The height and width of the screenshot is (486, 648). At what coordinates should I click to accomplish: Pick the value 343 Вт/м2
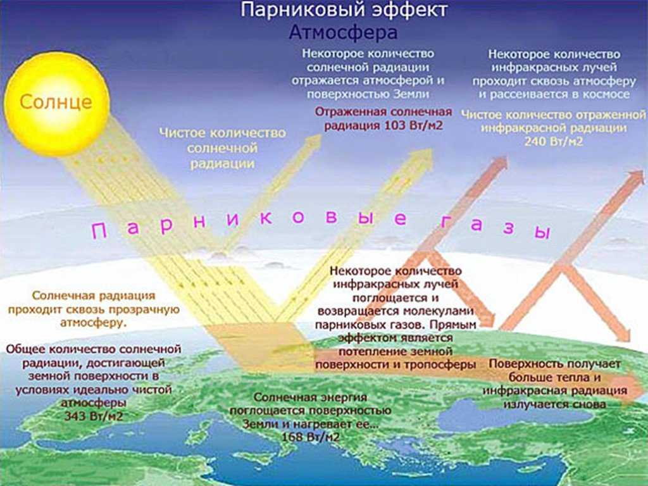coord(94,415)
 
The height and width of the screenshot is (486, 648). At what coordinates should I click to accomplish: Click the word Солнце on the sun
coord(56,101)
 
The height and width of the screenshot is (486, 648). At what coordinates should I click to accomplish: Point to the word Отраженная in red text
coord(351,112)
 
